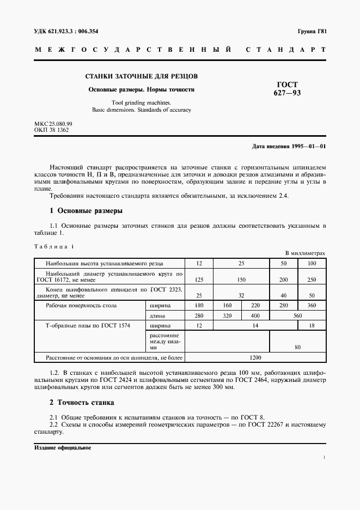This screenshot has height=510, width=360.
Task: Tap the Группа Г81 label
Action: [312, 32]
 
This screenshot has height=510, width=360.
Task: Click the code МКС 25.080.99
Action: [53, 124]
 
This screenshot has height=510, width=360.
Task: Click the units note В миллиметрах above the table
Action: [305, 253]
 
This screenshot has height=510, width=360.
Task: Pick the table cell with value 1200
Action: [255, 358]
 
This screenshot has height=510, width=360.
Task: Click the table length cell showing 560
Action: [297, 315]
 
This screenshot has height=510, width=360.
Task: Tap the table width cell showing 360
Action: [312, 306]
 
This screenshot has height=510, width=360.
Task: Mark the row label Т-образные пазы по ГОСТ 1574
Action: [88, 325]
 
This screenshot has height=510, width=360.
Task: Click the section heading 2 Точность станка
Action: [82, 403]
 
